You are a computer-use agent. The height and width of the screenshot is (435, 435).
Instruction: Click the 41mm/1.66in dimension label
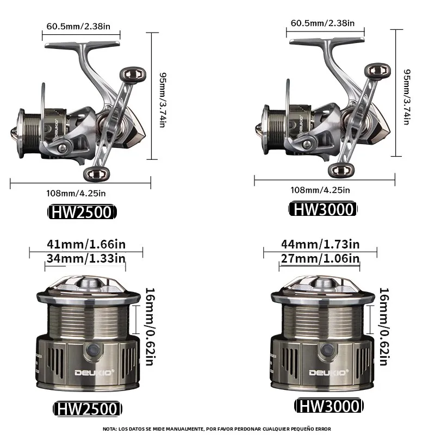[x=86, y=244]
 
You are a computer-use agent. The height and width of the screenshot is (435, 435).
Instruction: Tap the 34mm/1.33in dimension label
[x=86, y=259]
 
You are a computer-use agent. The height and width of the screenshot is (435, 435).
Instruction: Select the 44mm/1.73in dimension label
[x=320, y=244]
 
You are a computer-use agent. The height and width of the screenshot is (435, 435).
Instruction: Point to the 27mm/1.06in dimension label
[x=320, y=259]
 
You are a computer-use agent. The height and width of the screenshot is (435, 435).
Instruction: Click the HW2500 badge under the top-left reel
[x=82, y=212]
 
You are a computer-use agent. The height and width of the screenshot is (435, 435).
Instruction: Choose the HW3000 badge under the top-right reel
[x=323, y=209]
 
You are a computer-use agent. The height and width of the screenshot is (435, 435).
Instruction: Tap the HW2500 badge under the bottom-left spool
[x=88, y=409]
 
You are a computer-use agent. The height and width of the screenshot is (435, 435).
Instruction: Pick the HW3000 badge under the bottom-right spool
[x=329, y=406]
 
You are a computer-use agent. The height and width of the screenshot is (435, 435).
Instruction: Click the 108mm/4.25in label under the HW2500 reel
[x=76, y=193]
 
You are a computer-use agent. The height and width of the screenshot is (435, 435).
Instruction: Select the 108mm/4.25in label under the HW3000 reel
[x=320, y=190]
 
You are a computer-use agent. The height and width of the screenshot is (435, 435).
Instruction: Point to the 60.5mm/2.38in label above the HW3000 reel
[x=322, y=23]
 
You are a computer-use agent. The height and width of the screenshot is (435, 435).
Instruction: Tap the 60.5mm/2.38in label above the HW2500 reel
[x=78, y=26]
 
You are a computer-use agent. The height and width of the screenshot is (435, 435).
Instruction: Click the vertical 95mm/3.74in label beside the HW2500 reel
[x=163, y=100]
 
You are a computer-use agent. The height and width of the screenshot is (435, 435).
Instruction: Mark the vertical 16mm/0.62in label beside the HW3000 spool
[x=384, y=327]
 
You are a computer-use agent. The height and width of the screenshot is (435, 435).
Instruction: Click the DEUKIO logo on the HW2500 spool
[x=94, y=372]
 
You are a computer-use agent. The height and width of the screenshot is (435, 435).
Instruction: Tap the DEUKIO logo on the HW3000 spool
[x=329, y=372]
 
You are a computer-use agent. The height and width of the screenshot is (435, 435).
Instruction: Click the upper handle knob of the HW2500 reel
[x=133, y=75]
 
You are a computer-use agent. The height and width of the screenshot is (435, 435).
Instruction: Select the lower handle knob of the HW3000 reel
[x=341, y=170]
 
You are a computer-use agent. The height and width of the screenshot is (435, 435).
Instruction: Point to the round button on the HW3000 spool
[x=328, y=350]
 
